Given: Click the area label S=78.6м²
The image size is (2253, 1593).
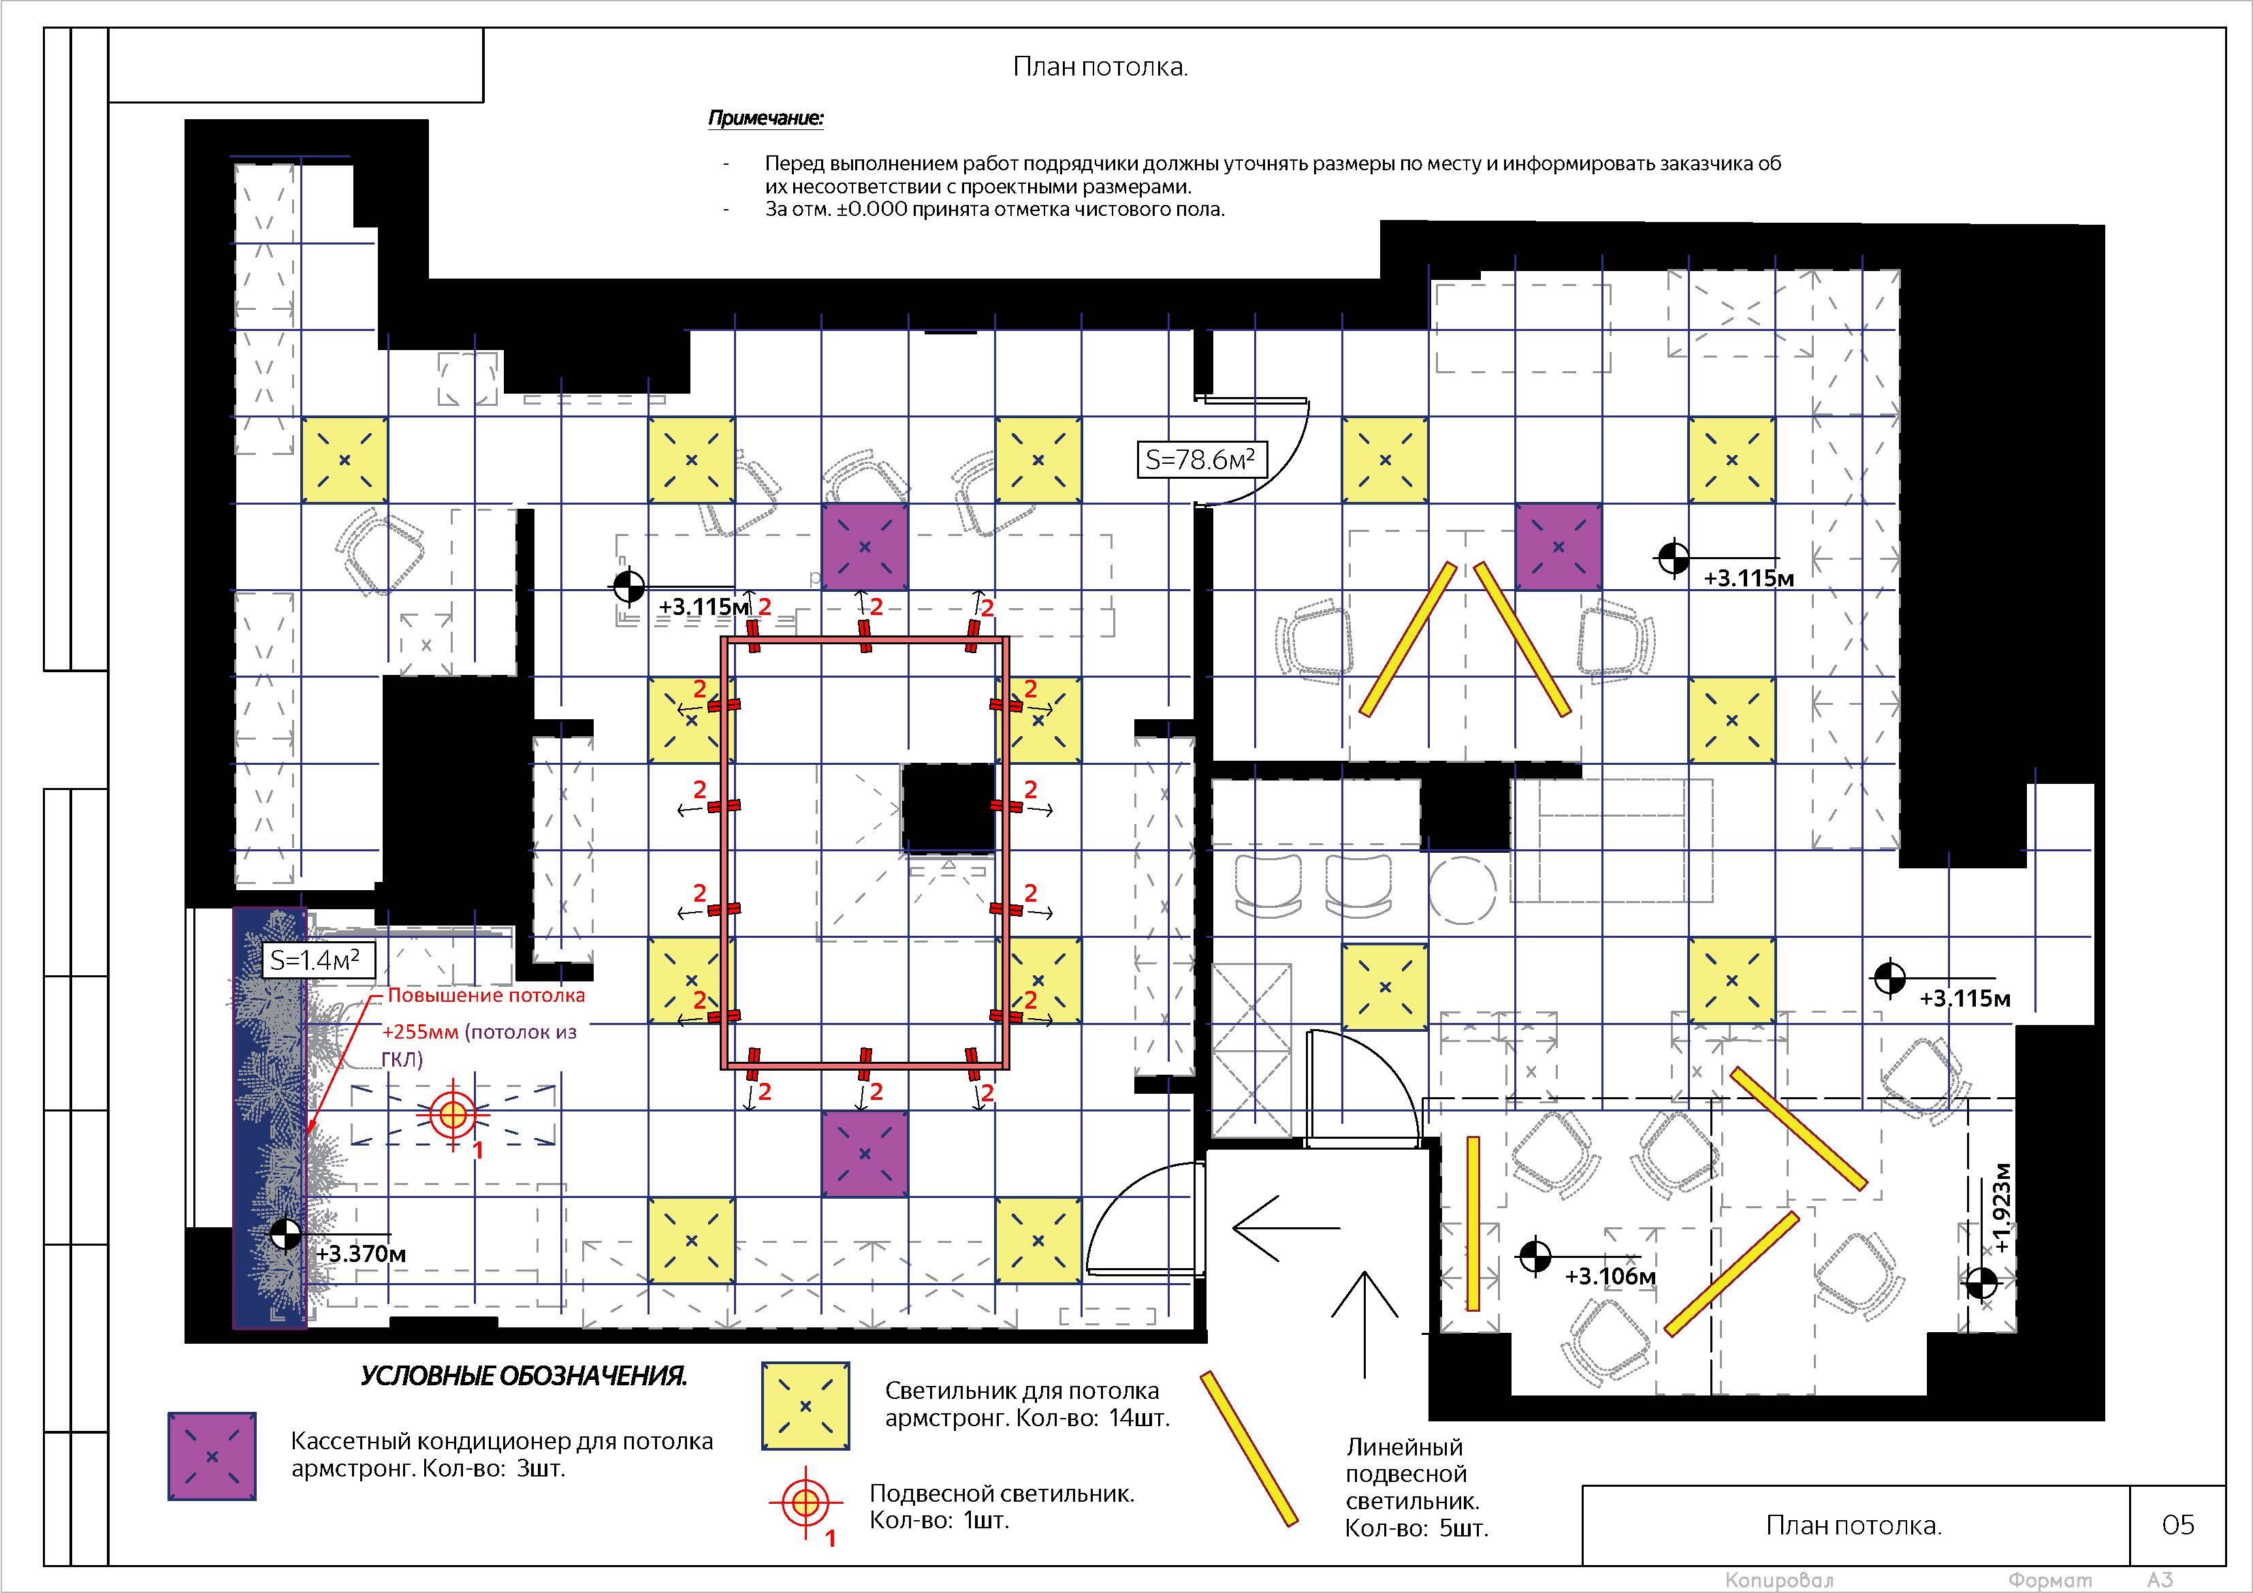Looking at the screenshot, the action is click(x=1201, y=459).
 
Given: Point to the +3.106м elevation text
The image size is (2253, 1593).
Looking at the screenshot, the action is click(x=1610, y=1276).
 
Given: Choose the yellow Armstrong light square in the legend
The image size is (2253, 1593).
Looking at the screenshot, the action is click(x=805, y=1406).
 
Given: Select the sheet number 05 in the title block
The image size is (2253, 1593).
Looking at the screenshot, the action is click(x=2177, y=1524).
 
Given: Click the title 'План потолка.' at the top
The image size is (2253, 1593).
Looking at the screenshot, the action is click(x=1100, y=67).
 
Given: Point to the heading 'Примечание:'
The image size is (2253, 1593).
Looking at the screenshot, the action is click(x=767, y=119).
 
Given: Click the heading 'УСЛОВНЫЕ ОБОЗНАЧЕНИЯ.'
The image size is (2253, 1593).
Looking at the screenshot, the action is click(x=524, y=1376).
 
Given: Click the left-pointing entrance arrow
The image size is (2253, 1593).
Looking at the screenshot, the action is click(x=1286, y=1227).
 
